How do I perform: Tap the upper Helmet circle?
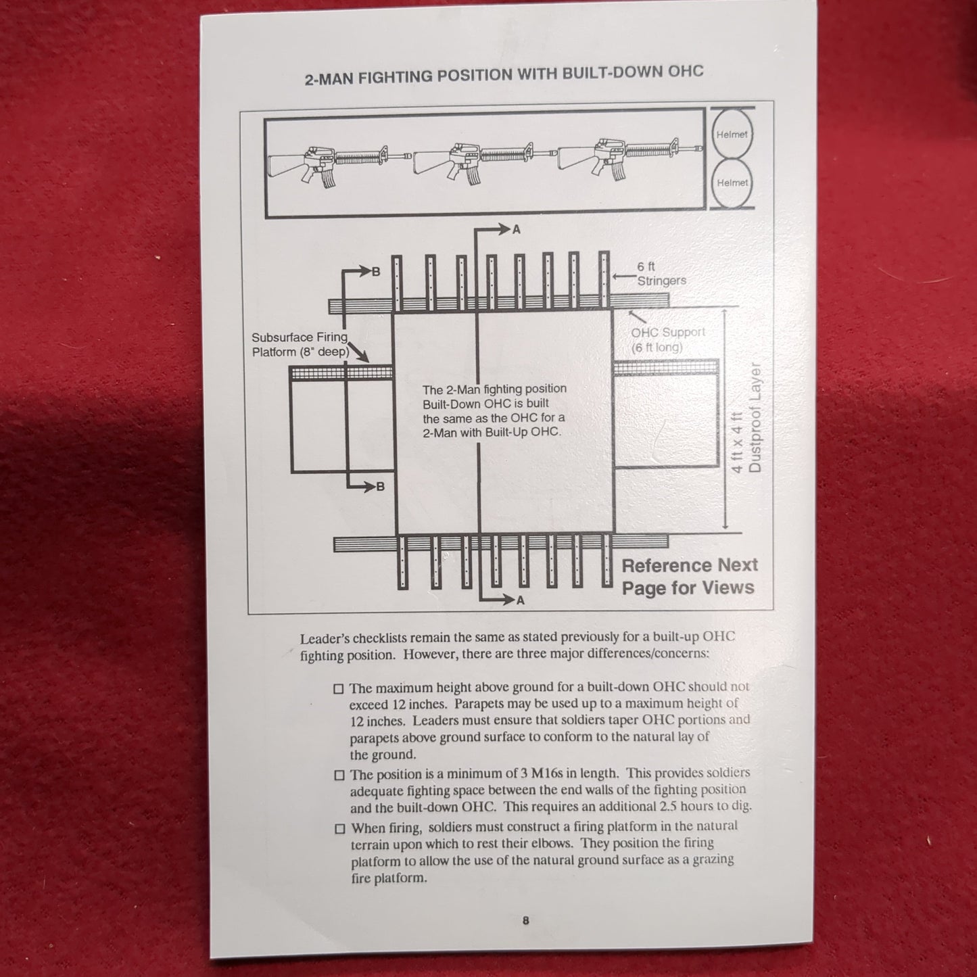pos(732,134)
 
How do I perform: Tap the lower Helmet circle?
pos(732,183)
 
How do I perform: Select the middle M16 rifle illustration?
pos(473,161)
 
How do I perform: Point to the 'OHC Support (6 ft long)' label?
pos(667,340)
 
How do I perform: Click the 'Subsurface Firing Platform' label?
pos(300,344)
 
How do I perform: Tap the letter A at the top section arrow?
pos(517,230)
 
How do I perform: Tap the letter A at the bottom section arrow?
pos(520,600)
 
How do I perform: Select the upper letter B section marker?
pos(376,272)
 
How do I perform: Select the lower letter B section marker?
pos(380,486)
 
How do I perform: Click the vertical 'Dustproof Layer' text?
pos(755,418)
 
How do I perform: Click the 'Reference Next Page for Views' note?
pos(688,576)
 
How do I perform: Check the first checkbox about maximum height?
pos(339,689)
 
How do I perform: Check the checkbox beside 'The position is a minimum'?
pos(339,775)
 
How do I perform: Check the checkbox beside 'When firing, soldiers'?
pos(340,829)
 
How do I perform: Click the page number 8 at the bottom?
pos(525,920)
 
